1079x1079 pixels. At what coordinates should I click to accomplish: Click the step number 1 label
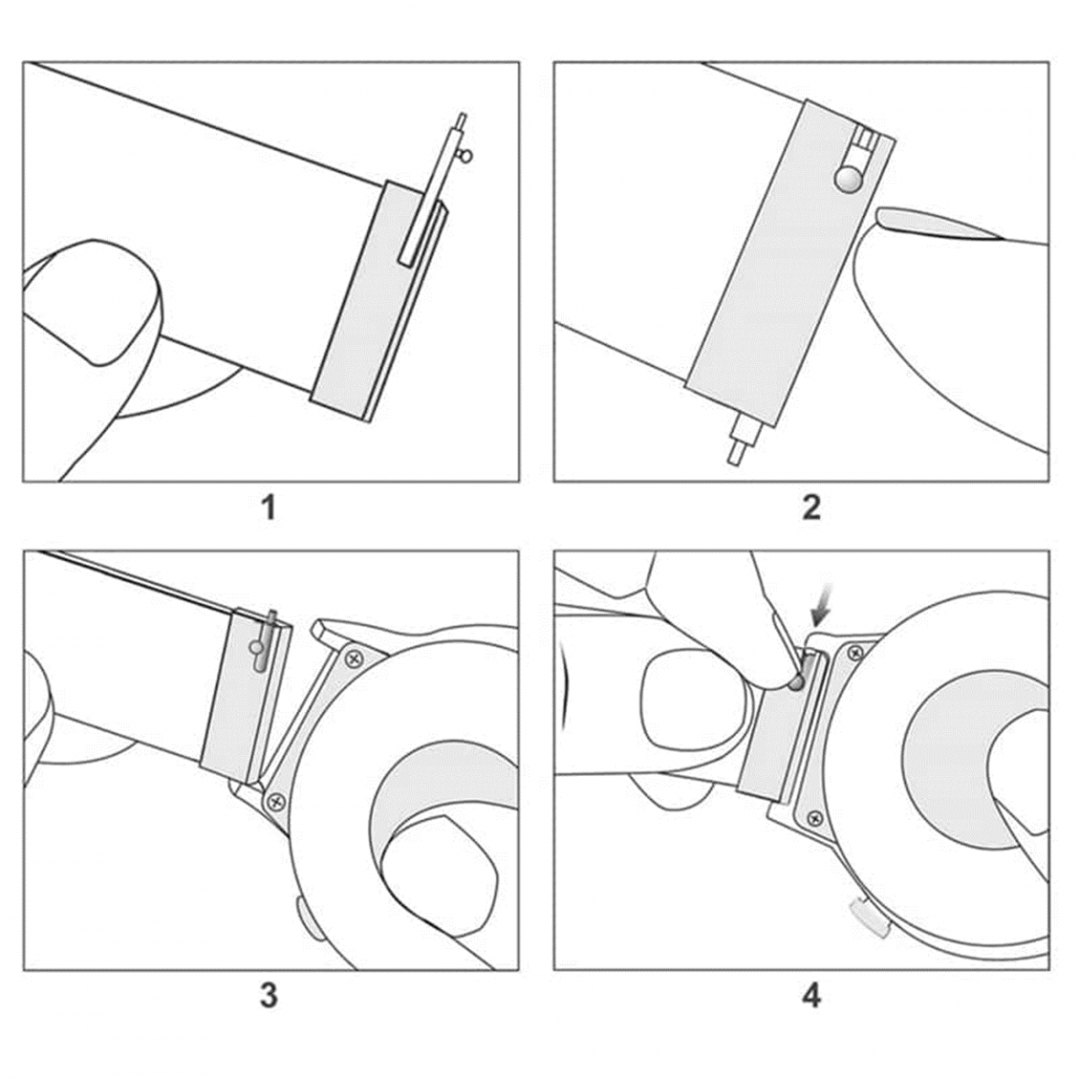pos(270,508)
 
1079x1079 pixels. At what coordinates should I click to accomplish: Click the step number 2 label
pos(811,508)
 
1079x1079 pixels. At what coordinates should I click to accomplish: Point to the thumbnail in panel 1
pos(90,302)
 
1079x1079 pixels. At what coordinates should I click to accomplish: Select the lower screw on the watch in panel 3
pos(275,802)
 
